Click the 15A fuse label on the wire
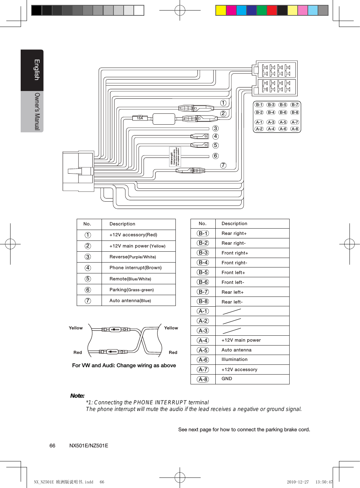(140, 118)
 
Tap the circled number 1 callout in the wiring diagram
(223, 103)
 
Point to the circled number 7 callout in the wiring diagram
(223, 165)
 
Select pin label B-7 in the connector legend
(295, 105)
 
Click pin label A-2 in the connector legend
(259, 129)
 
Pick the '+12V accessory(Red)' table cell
(133, 235)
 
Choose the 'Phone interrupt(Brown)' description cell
(136, 268)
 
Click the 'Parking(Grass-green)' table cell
(132, 290)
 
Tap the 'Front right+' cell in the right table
(235, 253)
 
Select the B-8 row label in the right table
(203, 301)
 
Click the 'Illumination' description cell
(234, 360)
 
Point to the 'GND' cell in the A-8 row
(227, 379)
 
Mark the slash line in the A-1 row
(231, 311)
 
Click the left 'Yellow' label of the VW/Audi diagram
(76, 328)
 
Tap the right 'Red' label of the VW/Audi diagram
(173, 353)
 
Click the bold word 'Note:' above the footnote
(77, 396)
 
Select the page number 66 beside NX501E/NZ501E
(52, 446)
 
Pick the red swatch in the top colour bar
(272, 11)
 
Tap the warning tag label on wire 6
(175, 156)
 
